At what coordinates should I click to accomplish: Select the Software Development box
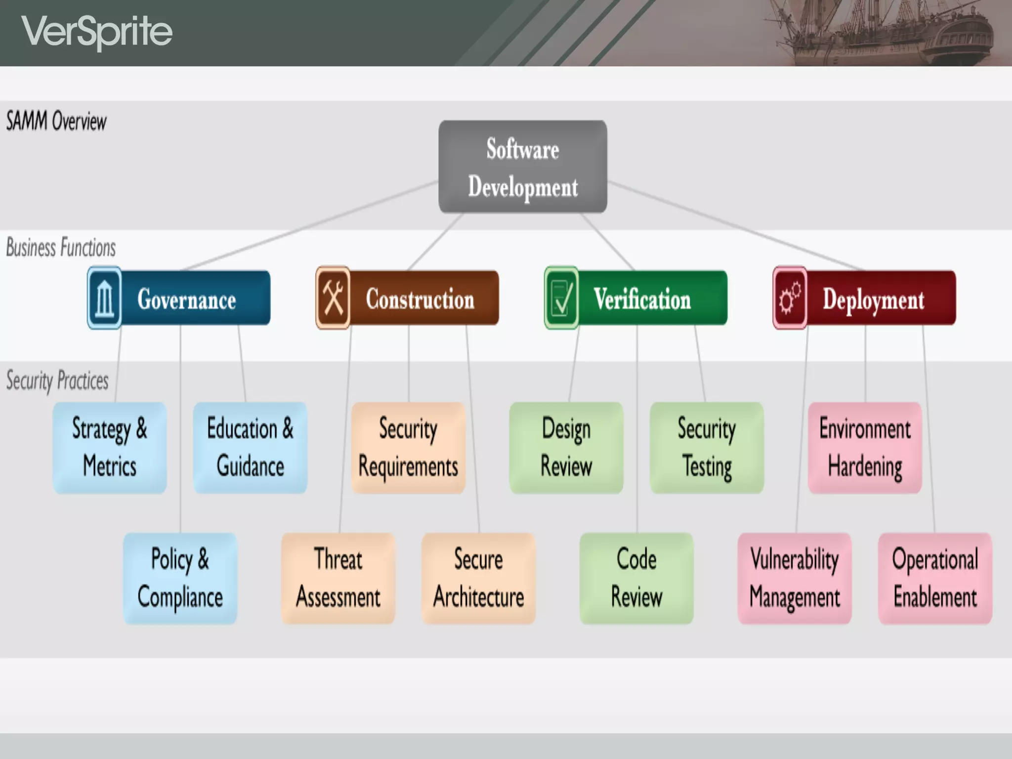point(522,167)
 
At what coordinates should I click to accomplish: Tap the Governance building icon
point(104,298)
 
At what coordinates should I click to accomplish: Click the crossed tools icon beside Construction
point(333,298)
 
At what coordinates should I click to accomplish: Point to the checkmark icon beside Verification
point(561,298)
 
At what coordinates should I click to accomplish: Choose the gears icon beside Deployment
point(790,298)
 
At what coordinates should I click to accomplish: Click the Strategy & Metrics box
point(110,448)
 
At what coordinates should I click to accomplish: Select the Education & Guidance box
point(250,448)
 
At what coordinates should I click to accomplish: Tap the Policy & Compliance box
point(180,578)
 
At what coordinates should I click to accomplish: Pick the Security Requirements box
point(408,448)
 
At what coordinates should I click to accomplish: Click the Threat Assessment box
point(338,578)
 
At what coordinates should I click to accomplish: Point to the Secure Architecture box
point(478,578)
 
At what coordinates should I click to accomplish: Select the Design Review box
point(566,448)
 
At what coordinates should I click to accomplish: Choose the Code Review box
point(636,578)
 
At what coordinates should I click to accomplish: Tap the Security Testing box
point(707,448)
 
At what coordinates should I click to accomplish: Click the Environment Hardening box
point(865,448)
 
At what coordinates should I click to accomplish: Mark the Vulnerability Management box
point(795,578)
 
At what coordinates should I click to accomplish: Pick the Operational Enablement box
point(935,578)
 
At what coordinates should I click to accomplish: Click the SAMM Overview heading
point(56,122)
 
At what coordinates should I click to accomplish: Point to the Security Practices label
point(57,380)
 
